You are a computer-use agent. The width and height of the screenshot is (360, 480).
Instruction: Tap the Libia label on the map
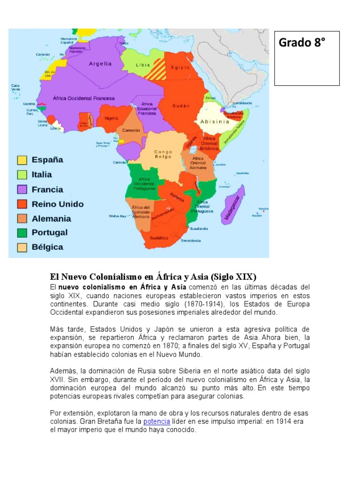click(143, 65)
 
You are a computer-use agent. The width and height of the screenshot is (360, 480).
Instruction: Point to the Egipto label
click(180, 67)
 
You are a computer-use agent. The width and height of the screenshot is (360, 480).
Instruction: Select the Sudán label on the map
click(181, 105)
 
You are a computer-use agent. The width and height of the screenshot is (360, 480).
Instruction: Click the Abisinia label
click(215, 121)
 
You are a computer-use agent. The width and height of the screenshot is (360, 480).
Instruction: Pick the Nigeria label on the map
click(112, 118)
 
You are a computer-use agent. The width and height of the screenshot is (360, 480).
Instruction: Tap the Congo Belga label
click(163, 155)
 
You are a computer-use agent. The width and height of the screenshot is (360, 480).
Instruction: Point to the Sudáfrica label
click(159, 238)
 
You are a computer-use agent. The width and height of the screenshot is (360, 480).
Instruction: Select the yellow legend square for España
click(22, 160)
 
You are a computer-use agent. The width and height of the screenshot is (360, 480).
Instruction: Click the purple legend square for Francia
click(22, 189)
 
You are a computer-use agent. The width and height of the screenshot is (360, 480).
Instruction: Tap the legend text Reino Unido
click(58, 204)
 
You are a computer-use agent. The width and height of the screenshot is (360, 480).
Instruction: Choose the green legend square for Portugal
click(22, 233)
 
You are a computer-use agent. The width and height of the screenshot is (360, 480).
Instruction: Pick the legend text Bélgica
click(47, 247)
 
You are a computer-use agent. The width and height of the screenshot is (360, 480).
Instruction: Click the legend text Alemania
click(52, 218)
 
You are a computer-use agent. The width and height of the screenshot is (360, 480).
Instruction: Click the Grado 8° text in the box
click(302, 43)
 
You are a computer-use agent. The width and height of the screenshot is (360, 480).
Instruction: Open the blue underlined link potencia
click(156, 421)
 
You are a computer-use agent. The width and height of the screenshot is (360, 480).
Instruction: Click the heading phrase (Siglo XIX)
click(231, 277)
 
